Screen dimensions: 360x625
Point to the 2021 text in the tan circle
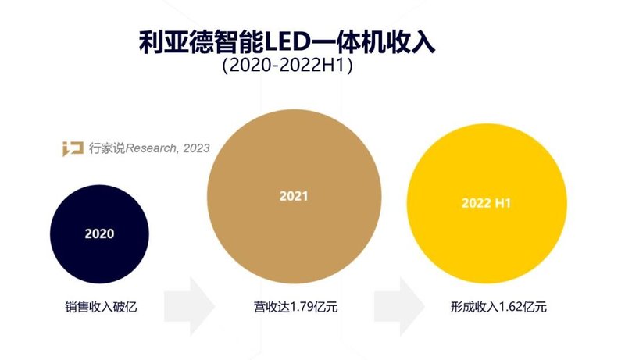(x=294, y=196)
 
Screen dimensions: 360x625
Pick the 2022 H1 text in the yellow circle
(x=486, y=204)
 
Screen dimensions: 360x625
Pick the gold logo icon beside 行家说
(x=73, y=148)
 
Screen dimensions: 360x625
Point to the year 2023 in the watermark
(x=196, y=148)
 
